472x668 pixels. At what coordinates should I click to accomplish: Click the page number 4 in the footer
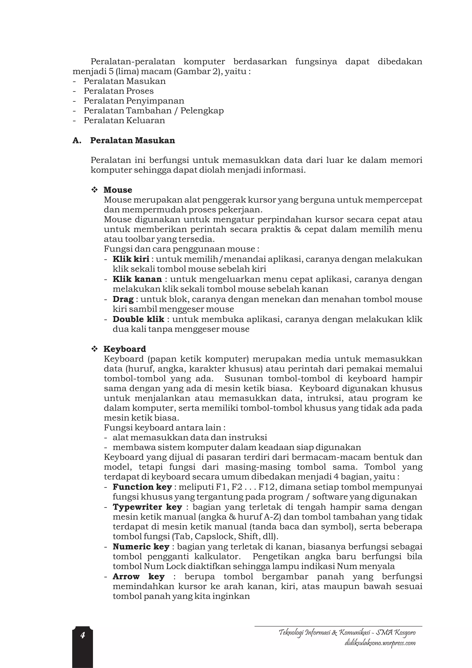(x=83, y=635)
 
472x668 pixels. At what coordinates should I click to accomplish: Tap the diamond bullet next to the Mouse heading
(x=94, y=190)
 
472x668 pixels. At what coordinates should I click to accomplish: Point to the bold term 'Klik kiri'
(x=131, y=259)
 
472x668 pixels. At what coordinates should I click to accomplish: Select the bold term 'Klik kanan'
(x=137, y=279)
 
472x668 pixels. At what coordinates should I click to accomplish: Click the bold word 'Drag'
(x=123, y=299)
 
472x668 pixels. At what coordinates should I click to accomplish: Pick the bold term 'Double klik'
(x=139, y=319)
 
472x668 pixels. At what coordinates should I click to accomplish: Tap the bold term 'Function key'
(x=142, y=487)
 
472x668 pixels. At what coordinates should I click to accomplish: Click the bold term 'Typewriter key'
(x=147, y=507)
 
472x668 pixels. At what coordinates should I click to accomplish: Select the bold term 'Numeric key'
(x=141, y=547)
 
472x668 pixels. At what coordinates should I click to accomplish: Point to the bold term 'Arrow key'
(x=139, y=577)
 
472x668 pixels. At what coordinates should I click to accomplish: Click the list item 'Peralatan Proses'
(x=119, y=91)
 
